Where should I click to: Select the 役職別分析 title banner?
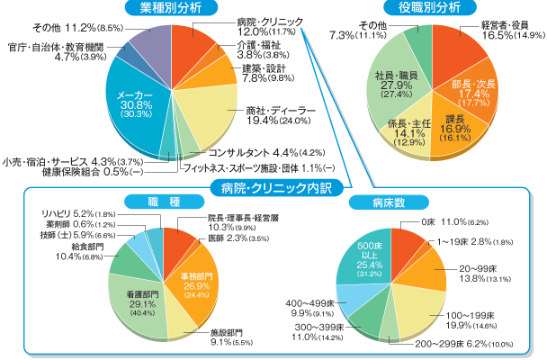click(x=429, y=8)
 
